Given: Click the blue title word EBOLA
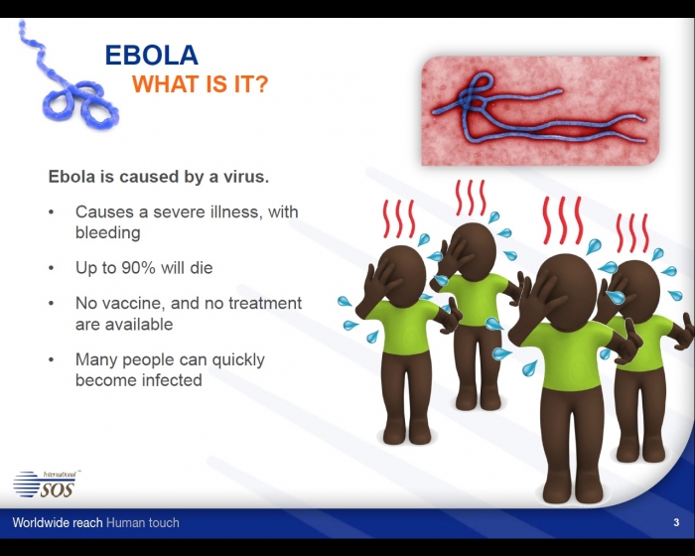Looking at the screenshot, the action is tap(152, 55).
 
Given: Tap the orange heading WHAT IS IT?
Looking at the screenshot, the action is tap(201, 84).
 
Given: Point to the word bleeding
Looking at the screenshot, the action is tap(107, 232).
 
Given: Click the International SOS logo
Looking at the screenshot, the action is tap(47, 485).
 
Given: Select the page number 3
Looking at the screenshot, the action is tap(676, 523).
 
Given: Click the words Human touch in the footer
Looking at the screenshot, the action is tap(143, 523).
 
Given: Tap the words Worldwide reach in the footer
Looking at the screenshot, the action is tap(58, 523).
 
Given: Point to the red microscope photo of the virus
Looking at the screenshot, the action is tap(540, 111).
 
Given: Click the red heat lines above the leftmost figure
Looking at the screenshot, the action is tap(399, 218).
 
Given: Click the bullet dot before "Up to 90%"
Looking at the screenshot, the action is tap(52, 268).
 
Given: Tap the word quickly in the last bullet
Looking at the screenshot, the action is tap(238, 360).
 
